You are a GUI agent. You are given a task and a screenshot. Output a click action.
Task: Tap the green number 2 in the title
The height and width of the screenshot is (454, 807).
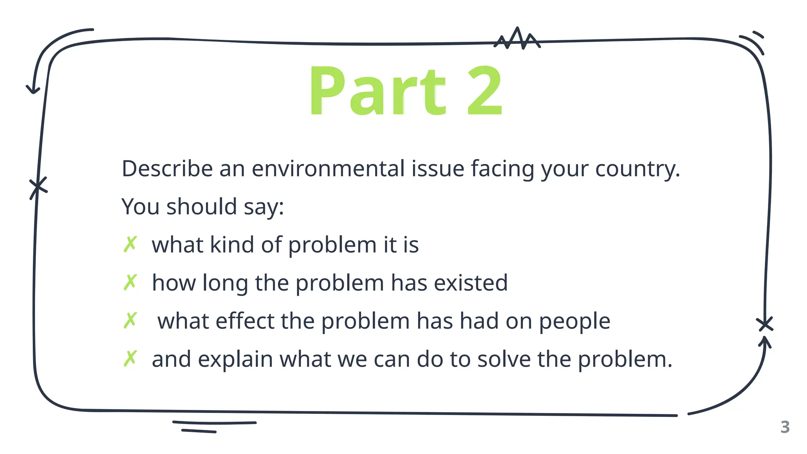coord(485,91)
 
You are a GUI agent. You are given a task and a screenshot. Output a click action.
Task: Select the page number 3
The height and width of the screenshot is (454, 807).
coord(785,427)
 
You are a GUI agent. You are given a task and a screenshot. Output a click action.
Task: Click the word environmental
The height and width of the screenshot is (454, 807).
coord(328,169)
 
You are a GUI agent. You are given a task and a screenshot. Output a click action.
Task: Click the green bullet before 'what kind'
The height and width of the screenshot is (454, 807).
coord(130,244)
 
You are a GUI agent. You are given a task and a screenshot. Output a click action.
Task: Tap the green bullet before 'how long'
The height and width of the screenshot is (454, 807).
coord(130,283)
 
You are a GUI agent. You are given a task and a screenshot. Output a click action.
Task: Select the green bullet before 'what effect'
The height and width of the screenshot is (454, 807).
coord(130,320)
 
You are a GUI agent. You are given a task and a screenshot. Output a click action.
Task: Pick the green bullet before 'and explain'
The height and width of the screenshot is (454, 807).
coord(130,359)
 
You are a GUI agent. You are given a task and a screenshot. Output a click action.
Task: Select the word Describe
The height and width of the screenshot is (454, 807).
coord(167,169)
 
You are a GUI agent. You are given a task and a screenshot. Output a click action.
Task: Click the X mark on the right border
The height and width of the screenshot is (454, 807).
coord(765,324)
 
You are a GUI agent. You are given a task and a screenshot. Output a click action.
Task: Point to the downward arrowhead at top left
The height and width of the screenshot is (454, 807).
coord(33,89)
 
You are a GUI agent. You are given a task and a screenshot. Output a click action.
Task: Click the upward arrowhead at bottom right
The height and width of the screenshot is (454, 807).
coord(765,341)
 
